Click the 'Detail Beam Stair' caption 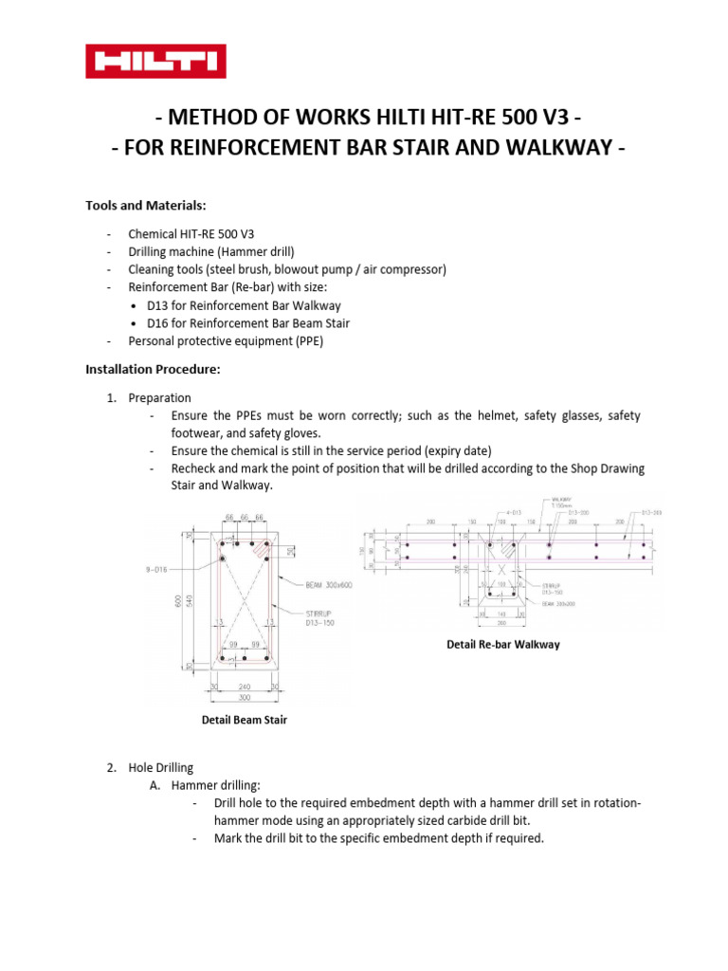pos(245,720)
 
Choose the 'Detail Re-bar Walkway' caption pos(502,644)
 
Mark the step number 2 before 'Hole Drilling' pos(111,768)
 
